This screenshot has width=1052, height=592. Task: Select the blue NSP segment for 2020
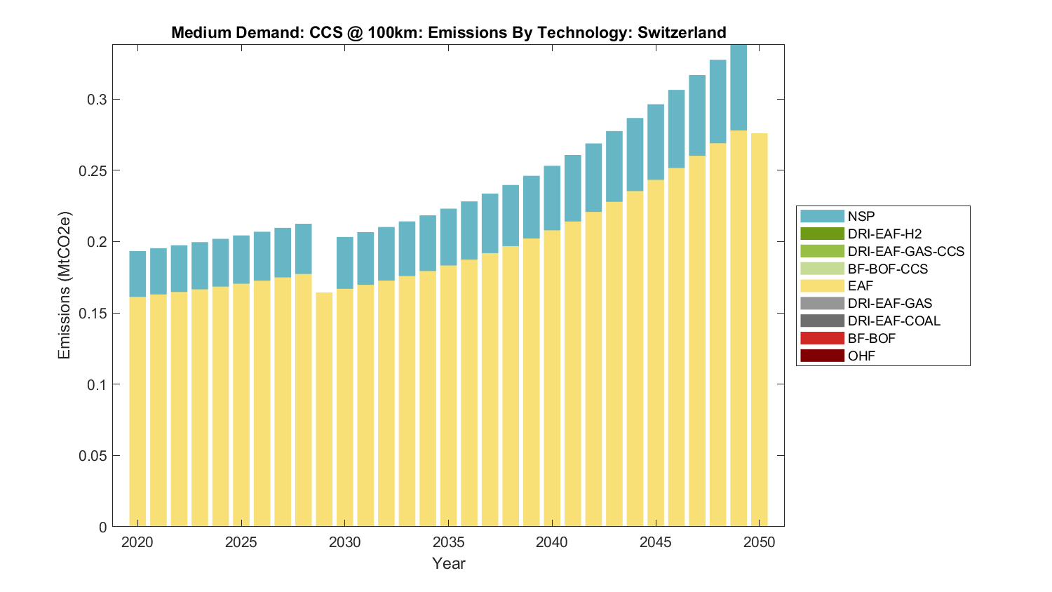(x=137, y=274)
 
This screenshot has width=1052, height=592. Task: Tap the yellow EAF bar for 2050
(x=760, y=330)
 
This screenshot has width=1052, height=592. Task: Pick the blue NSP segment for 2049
(x=739, y=88)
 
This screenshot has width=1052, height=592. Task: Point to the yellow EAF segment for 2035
(x=448, y=396)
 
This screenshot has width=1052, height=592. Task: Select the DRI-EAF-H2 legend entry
(x=884, y=234)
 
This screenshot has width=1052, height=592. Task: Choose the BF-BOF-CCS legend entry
(x=887, y=269)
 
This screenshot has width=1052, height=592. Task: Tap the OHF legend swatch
(x=822, y=356)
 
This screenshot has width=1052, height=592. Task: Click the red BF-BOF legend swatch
(x=822, y=338)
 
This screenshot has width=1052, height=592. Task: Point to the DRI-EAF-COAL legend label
(x=893, y=321)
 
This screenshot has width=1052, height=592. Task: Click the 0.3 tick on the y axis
(x=97, y=100)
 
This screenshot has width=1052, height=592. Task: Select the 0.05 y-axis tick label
(x=93, y=456)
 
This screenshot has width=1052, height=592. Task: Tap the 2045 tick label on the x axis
(x=656, y=542)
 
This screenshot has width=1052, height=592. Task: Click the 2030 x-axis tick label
(x=344, y=542)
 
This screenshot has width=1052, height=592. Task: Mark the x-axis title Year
(x=448, y=563)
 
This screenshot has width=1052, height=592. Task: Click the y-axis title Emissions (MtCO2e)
(x=65, y=285)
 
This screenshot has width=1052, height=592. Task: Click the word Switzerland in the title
(x=681, y=33)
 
